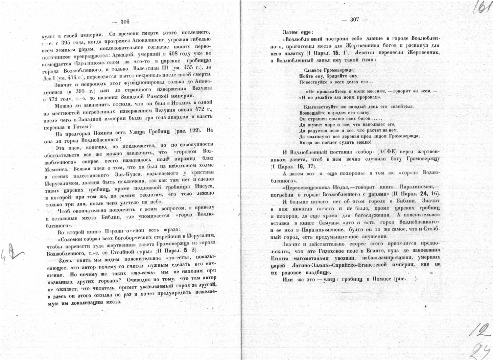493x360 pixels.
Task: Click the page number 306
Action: coord(125,22)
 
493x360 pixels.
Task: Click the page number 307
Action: coord(354,20)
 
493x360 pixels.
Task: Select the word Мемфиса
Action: coord(57,169)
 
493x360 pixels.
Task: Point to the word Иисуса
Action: coord(204,187)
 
